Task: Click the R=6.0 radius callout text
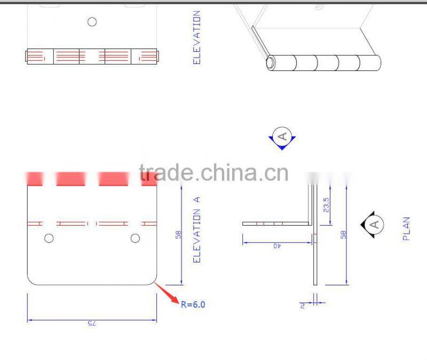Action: (193, 305)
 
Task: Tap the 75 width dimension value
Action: (91, 323)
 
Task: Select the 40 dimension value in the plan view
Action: (276, 245)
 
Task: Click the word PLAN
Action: (406, 228)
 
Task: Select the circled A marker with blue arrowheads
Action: (282, 137)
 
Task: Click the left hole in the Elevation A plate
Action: (49, 238)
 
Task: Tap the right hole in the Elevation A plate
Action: (135, 238)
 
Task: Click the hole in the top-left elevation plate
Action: (92, 21)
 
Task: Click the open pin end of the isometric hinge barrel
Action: (271, 63)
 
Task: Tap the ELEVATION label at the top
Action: (196, 37)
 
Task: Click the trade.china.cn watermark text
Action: (213, 173)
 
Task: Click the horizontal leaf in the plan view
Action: (275, 223)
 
